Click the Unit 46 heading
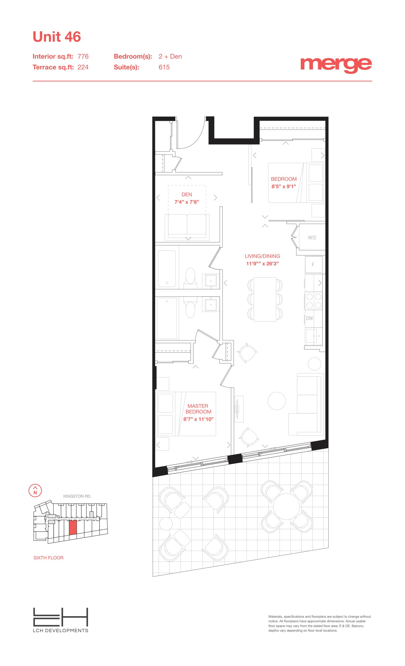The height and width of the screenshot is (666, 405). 57,37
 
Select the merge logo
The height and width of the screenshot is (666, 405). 336,65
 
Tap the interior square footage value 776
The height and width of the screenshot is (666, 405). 83,56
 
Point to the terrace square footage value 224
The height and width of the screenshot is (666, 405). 83,67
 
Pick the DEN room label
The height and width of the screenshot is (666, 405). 187,195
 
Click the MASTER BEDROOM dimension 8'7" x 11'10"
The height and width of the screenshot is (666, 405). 198,419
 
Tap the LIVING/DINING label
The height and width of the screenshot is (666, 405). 263,256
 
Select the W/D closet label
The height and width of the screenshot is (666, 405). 312,238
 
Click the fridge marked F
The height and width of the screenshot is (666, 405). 314,264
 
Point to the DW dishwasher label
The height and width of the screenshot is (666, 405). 309,318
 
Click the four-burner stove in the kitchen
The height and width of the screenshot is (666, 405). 314,301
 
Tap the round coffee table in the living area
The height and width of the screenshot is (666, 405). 277,401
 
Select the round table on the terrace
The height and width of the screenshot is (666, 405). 286,507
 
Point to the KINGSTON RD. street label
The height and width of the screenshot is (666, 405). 77,496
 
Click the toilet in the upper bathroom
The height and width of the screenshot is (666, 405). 190,277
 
